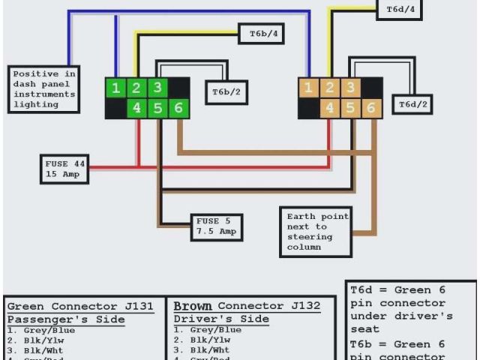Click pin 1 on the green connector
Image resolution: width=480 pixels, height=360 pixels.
coord(115,88)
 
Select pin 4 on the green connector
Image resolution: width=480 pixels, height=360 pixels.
coord(136,108)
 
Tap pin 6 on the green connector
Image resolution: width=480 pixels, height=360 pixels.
coord(178,108)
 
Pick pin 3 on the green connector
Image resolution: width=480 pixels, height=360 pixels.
coord(157,88)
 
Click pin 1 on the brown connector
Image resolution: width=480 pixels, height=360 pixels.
coord(307,88)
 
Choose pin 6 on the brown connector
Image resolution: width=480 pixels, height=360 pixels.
coord(370,108)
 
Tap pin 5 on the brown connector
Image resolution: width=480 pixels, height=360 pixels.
coord(349,108)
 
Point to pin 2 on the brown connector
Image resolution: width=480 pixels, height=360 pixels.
coord(328,88)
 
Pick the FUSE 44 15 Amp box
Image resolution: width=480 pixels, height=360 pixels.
coord(66,169)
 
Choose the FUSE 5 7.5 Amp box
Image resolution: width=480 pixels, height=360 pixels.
coord(217,226)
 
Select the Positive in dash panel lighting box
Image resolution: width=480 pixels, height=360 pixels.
coord(45,88)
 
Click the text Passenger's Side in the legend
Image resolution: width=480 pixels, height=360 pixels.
coord(66,319)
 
